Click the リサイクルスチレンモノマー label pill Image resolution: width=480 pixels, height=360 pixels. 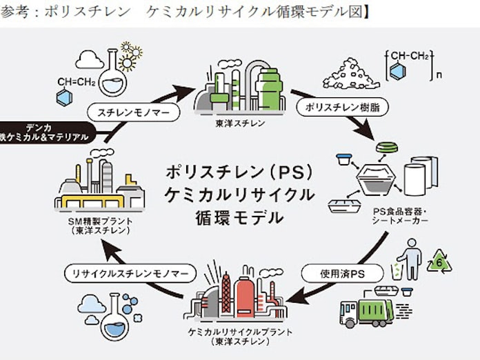click(126, 274)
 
